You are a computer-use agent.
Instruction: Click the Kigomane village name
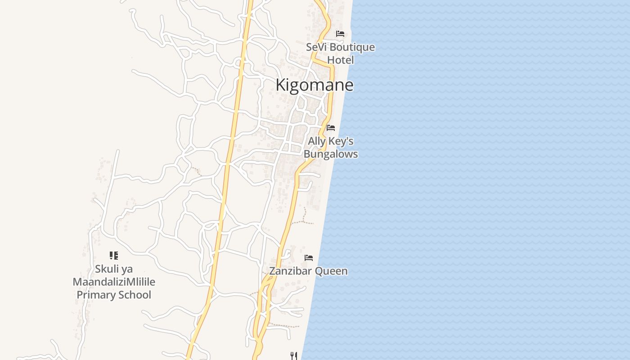pyautogui.click(x=314, y=85)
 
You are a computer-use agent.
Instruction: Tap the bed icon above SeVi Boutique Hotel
pyautogui.click(x=340, y=34)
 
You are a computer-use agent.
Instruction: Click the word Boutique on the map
pyautogui.click(x=352, y=47)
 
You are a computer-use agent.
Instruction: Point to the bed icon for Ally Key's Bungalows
pyautogui.click(x=331, y=128)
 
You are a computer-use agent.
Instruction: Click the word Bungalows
pyautogui.click(x=331, y=154)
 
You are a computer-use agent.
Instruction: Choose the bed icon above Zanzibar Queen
pyautogui.click(x=309, y=258)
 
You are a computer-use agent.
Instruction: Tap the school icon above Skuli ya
pyautogui.click(x=114, y=256)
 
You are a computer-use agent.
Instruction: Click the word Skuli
pyautogui.click(x=107, y=269)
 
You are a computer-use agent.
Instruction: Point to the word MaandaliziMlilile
pyautogui.click(x=114, y=282)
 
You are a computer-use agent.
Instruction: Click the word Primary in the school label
pyautogui.click(x=95, y=295)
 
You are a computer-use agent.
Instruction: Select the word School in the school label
pyautogui.click(x=134, y=295)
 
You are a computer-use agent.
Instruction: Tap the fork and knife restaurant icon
pyautogui.click(x=293, y=356)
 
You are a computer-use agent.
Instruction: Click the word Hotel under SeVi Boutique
pyautogui.click(x=340, y=60)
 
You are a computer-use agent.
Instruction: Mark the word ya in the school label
pyautogui.click(x=127, y=269)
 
